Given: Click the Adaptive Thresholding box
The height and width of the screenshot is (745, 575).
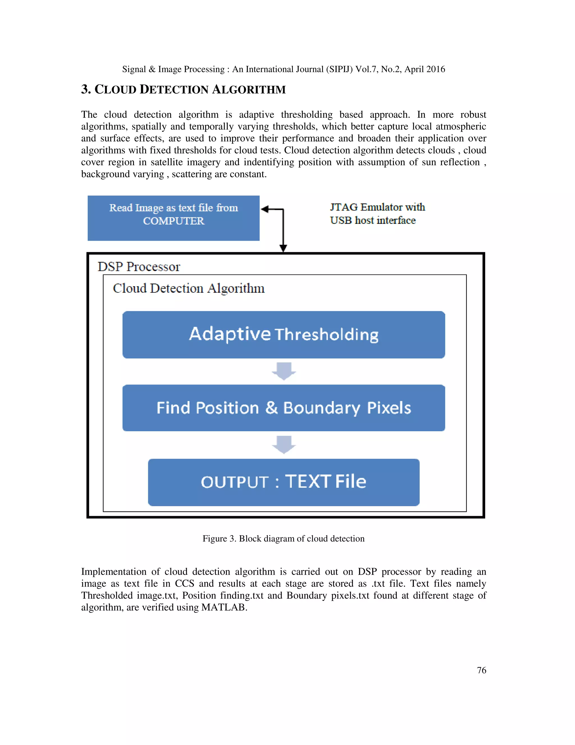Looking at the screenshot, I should [x=283, y=334].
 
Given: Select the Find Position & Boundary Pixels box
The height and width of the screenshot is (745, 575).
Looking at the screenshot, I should [x=283, y=408].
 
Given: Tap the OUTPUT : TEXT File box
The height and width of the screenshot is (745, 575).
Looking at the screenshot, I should [x=283, y=482].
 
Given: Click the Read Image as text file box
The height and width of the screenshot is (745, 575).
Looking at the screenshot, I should [x=174, y=218].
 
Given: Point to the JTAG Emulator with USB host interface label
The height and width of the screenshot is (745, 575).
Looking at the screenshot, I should [x=377, y=214].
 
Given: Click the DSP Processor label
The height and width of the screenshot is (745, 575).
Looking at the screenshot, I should [x=139, y=267].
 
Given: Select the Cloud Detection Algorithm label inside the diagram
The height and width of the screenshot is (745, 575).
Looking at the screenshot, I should [x=188, y=288].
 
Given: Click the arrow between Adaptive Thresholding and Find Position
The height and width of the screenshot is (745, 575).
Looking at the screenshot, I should [x=284, y=371].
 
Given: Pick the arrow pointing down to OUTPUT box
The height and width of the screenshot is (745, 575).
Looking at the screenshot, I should [x=284, y=444].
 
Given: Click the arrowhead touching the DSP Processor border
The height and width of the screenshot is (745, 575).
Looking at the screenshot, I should [x=283, y=248].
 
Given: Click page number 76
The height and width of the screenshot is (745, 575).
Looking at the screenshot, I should [x=481, y=670].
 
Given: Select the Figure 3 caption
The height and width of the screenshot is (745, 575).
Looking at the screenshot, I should [x=283, y=539].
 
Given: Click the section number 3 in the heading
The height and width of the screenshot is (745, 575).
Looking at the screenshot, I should [x=85, y=89].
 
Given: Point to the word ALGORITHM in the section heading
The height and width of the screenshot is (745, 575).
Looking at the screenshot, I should [x=249, y=90].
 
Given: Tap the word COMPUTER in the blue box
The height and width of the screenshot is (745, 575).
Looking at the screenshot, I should [x=174, y=221].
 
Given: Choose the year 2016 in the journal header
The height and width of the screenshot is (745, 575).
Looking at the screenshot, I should [x=435, y=69].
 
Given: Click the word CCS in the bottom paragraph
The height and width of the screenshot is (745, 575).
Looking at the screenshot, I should [x=184, y=583].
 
